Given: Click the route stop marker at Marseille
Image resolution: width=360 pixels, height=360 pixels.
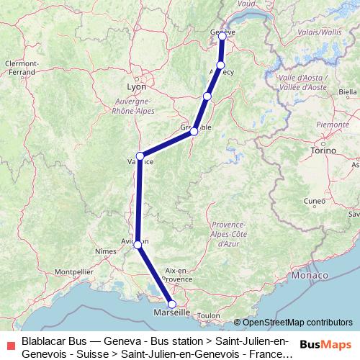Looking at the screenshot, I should [171, 304].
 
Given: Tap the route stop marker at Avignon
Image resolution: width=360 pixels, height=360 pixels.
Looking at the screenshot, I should [138, 246].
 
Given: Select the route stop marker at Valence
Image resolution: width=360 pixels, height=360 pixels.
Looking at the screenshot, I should [140, 156].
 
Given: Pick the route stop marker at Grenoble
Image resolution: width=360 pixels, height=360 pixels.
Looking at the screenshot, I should [194, 132].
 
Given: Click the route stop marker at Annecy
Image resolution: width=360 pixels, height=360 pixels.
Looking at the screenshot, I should [221, 66].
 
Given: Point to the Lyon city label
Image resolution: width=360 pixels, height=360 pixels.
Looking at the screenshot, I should [136, 86].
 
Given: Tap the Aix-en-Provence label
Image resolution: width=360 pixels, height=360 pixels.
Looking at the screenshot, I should [176, 273].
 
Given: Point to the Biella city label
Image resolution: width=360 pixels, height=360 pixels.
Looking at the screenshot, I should [348, 92].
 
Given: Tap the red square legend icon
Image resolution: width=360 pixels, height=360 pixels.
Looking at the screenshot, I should [10, 344].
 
